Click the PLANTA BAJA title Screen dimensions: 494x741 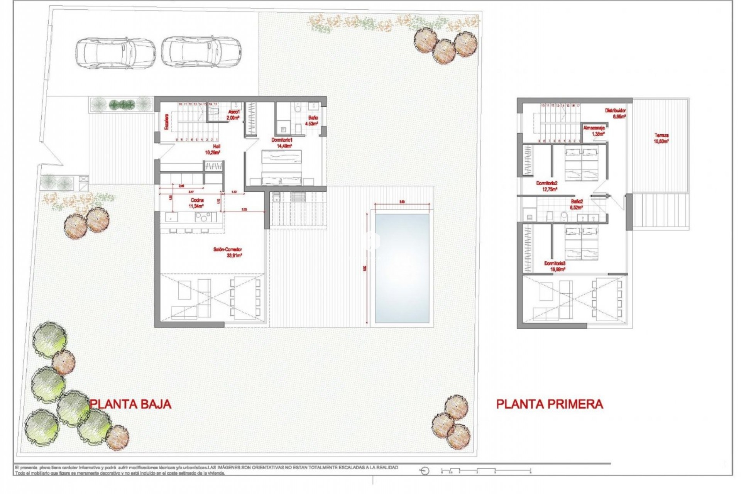pyautogui.click(x=130, y=404)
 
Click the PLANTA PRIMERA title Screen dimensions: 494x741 pyautogui.click(x=550, y=404)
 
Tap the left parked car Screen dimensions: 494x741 pyautogui.click(x=115, y=53)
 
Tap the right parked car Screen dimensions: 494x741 pyautogui.click(x=201, y=52)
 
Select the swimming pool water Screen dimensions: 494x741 pyautogui.click(x=402, y=268)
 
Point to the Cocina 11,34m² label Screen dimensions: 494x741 pyautogui.click(x=197, y=203)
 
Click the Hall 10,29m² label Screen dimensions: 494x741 pyautogui.click(x=213, y=149)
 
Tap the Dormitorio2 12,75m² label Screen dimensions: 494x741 pyautogui.click(x=547, y=186)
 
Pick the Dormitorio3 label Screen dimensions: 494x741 pyautogui.click(x=555, y=266)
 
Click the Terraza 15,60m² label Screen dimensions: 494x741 pyautogui.click(x=661, y=138)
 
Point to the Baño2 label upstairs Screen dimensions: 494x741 pyautogui.click(x=577, y=204)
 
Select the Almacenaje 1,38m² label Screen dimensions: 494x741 pyautogui.click(x=594, y=130)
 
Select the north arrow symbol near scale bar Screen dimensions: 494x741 pyautogui.click(x=425, y=471)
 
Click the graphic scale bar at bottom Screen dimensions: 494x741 pyautogui.click(x=486, y=471)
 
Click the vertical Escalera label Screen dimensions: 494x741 pyautogui.click(x=167, y=121)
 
